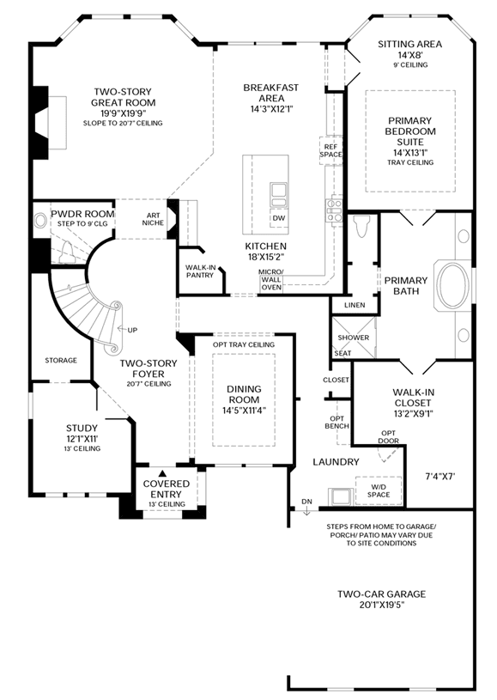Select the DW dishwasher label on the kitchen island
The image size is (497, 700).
pos(278,218)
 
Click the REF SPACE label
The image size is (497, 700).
pos(330,150)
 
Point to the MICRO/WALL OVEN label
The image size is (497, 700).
pos(271,279)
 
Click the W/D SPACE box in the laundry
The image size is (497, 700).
pos(379,490)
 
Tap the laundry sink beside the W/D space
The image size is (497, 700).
pos(341,496)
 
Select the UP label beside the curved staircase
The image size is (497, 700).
pos(132,330)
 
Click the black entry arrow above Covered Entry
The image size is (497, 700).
pos(163,472)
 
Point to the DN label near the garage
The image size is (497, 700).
pos(306,502)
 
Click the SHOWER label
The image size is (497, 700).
pos(354,338)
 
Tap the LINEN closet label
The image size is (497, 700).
pos(355,305)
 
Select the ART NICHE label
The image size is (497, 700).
pos(153,219)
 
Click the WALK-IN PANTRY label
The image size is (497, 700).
pos(200,271)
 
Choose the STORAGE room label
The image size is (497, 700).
pos(61,360)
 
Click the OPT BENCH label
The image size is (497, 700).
pos(336,423)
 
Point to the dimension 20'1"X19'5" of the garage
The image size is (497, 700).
pos(381,606)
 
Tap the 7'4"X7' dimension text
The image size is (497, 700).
pos(439,477)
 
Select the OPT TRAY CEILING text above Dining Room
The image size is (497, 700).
pos(244,344)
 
